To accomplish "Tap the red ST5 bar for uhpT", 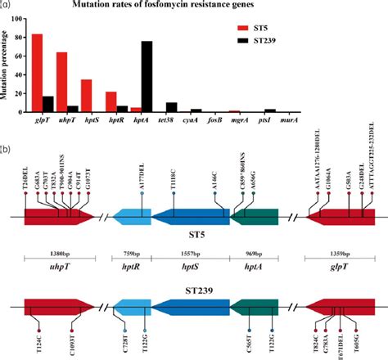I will (61, 82).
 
